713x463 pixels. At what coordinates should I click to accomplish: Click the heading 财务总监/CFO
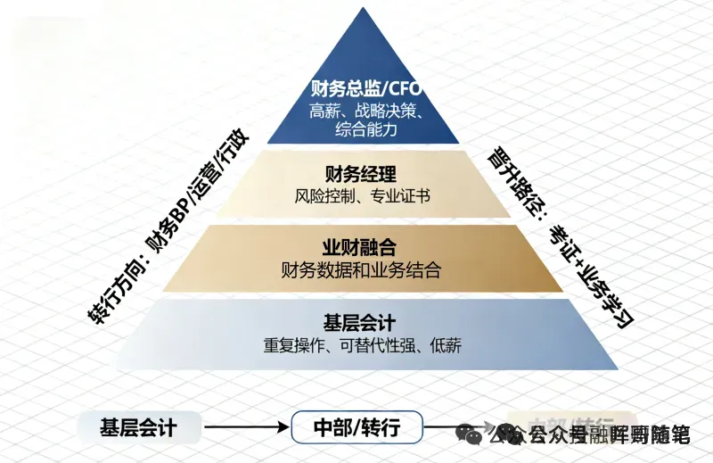pos(365,90)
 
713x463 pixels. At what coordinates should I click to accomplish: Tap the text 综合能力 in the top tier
pos(365,130)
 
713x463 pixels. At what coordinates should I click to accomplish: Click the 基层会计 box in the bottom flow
pos(138,428)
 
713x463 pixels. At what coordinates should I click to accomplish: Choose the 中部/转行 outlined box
pos(356,428)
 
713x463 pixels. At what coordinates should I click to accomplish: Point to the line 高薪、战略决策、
pos(365,112)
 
